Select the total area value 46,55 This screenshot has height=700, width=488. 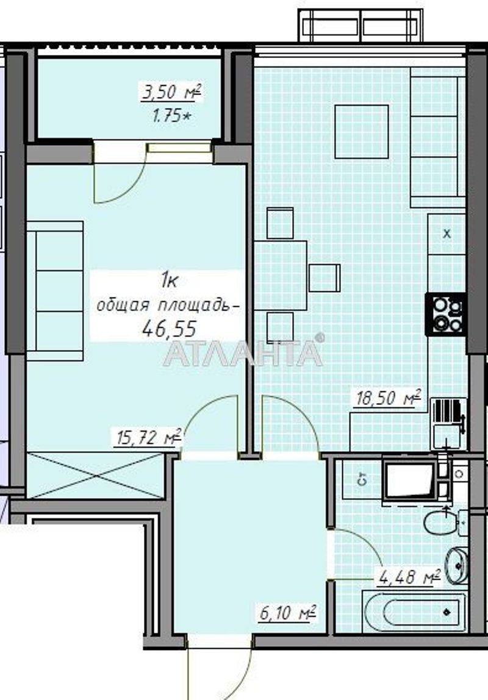click(169, 329)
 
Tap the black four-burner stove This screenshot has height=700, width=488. click(446, 315)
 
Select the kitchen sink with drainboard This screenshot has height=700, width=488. click(448, 422)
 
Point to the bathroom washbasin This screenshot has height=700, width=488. click(456, 563)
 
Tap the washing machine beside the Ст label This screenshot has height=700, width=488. click(410, 481)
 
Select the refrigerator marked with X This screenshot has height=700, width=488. click(447, 234)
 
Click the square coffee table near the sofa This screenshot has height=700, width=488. click(362, 132)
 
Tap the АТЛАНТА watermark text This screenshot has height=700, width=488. click(243, 354)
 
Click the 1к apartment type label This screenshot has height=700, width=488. click(168, 280)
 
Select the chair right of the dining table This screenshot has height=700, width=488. click(324, 278)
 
